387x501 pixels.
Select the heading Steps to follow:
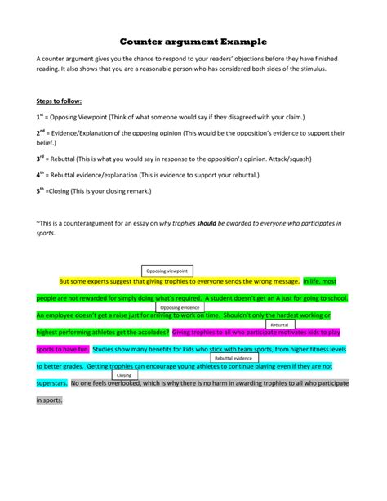60,101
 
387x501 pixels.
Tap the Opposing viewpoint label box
167,270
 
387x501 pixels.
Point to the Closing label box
124,375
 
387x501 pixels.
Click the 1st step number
41,117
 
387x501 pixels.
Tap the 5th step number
41,190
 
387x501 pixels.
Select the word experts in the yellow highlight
103,280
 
